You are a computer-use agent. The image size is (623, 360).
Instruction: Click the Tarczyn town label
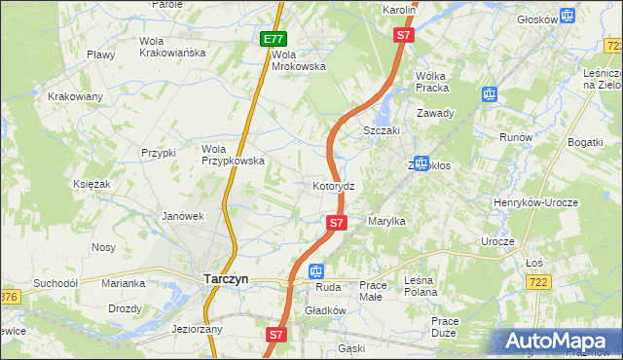coord(226,278)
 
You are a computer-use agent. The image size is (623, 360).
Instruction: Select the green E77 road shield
coord(274,39)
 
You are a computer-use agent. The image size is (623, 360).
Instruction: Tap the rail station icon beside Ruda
coord(315,271)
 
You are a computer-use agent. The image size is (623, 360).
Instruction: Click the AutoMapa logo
coord(559,342)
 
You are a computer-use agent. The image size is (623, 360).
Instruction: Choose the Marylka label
coord(385,222)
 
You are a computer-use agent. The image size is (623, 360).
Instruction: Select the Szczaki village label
coord(382,130)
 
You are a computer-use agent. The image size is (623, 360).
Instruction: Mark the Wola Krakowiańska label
coord(172,47)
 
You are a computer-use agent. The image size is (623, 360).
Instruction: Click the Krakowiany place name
coord(76,96)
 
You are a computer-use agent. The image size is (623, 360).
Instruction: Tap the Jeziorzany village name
coord(197,329)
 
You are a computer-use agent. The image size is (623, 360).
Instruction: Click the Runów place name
coord(515,137)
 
